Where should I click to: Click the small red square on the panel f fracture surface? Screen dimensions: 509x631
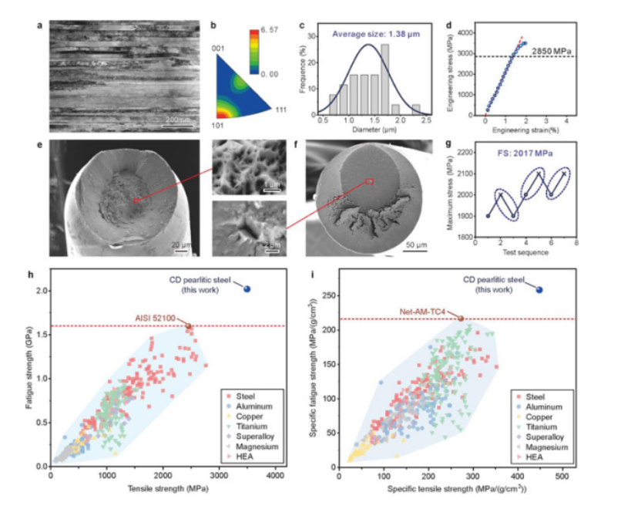pyautogui.click(x=370, y=182)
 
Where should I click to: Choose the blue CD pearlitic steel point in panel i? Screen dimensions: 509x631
pyautogui.click(x=539, y=290)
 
